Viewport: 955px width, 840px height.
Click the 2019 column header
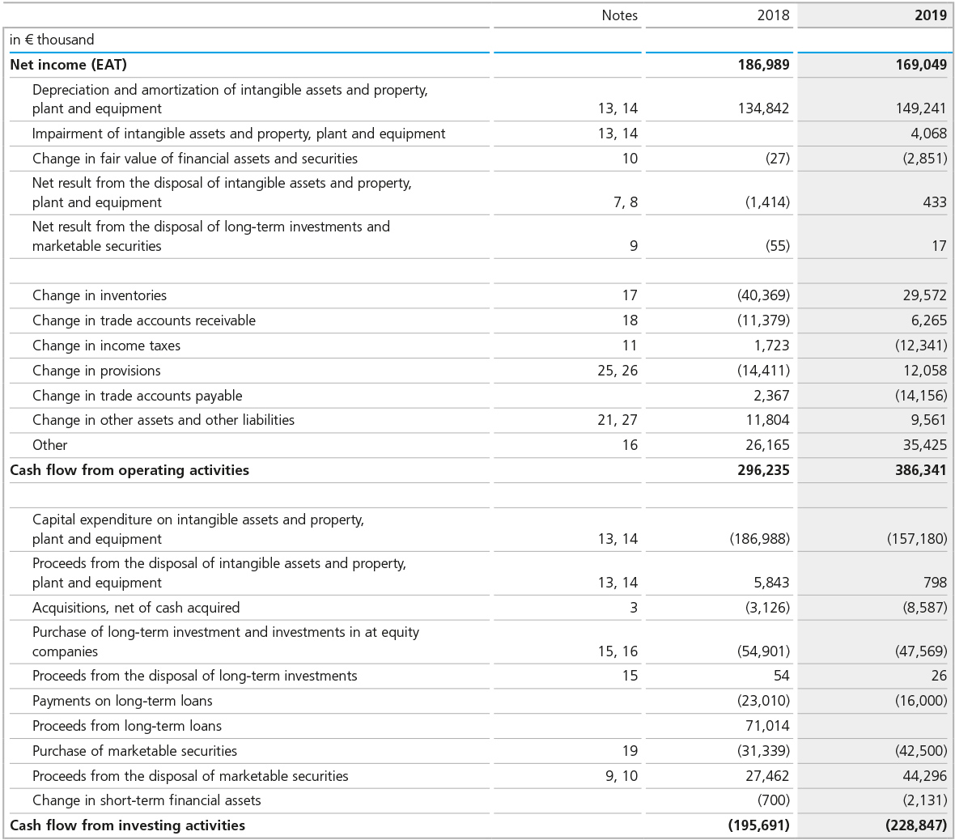[x=930, y=15]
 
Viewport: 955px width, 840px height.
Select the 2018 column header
[x=773, y=15]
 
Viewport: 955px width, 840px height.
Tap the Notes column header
[x=619, y=15]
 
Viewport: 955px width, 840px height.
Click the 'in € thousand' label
[x=52, y=40]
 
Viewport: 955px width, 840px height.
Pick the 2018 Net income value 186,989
[x=763, y=65]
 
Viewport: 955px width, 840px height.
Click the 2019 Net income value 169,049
[x=920, y=65]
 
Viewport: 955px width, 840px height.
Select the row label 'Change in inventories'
[x=100, y=295]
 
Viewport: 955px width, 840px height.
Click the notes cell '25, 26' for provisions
[x=618, y=371]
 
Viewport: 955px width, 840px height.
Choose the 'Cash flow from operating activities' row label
[x=129, y=470]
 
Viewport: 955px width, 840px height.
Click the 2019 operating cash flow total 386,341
[x=920, y=470]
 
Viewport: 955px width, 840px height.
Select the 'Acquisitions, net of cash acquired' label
[x=136, y=608]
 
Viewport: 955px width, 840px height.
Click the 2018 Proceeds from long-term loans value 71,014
[x=767, y=726]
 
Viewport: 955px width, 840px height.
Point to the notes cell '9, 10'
[x=622, y=776]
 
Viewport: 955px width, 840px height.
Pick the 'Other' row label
[x=50, y=445]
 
